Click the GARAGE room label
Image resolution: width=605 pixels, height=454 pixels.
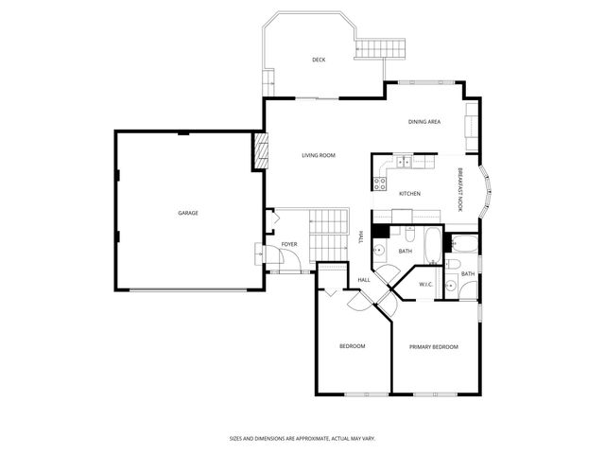click(188, 213)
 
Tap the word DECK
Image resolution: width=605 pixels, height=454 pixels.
click(319, 60)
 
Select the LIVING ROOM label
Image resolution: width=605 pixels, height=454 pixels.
click(319, 155)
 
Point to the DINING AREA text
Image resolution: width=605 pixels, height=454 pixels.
click(424, 122)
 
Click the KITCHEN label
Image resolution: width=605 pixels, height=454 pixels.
click(409, 194)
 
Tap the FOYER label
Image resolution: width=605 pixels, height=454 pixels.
click(289, 244)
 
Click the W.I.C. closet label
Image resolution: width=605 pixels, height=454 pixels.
click(425, 284)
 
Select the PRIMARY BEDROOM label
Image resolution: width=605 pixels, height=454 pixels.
click(433, 347)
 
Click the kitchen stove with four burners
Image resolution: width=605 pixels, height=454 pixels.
click(381, 180)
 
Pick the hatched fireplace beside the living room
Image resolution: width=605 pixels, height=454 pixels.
click(256, 151)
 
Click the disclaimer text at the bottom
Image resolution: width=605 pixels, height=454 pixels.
click(302, 438)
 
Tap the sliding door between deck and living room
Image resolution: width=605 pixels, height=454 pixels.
click(317, 97)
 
